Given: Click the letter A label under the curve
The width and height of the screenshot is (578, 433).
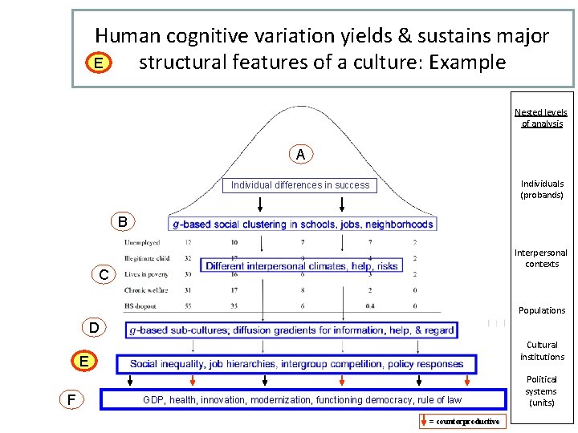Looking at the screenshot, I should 299,154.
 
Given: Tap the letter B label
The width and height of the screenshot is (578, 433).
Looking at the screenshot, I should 122,221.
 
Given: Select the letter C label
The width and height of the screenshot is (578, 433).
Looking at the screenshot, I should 104,275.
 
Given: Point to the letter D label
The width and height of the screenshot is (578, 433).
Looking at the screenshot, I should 95,327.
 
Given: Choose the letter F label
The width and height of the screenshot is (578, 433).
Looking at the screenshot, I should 72,399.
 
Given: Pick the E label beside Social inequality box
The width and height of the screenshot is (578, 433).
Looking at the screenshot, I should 83,362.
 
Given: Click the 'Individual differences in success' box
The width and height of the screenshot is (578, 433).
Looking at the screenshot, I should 300,185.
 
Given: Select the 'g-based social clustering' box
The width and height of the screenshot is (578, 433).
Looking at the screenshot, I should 303,224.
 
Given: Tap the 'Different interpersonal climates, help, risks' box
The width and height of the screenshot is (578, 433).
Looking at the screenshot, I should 302,266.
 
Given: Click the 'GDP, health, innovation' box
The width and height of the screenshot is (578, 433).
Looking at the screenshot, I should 302,399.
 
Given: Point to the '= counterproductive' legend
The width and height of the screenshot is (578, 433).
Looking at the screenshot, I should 464,422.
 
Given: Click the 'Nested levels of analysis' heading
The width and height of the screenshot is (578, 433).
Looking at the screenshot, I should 541,118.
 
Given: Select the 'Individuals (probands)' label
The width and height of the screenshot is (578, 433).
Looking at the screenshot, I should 542,189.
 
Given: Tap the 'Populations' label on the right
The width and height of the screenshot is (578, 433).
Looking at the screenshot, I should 542,310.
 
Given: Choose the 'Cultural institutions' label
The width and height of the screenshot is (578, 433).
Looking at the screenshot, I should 542,351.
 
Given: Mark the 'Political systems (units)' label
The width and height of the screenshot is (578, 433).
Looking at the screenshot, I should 541,391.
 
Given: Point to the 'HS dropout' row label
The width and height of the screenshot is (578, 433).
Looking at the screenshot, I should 141,306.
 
